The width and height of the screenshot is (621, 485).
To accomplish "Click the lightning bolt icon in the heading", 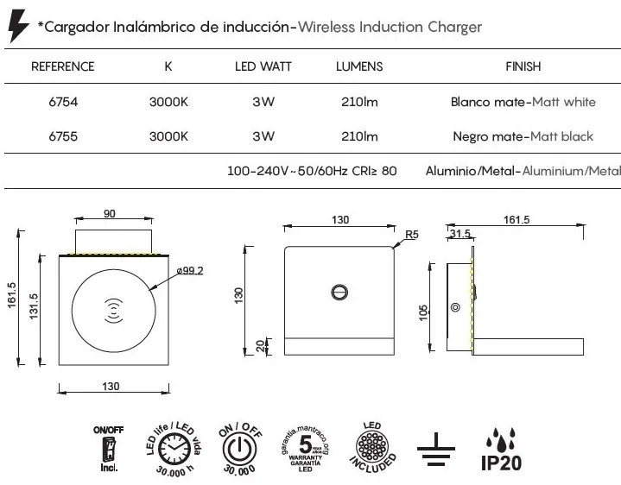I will [x=17, y=28].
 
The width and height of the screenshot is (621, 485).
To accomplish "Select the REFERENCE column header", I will [x=62, y=66].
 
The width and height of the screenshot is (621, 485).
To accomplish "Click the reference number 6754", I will [x=63, y=103].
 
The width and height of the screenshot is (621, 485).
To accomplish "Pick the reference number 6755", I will [x=63, y=136].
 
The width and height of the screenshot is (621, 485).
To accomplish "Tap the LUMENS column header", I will [x=359, y=66].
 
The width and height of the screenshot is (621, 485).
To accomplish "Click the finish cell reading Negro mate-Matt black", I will [x=523, y=136].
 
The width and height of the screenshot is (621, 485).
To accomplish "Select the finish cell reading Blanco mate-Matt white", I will [x=523, y=103].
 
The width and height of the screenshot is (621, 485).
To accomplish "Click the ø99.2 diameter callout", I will [x=188, y=270].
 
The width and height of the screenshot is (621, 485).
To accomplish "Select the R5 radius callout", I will [x=412, y=234].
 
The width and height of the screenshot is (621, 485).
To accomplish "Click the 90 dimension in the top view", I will [x=110, y=215].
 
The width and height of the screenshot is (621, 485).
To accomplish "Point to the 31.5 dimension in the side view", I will [x=459, y=234].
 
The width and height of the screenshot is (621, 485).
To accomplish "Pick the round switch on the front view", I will [x=341, y=293].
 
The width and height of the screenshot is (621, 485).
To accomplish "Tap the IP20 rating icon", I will [x=499, y=450].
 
